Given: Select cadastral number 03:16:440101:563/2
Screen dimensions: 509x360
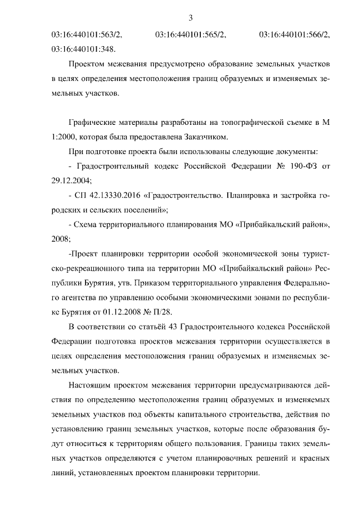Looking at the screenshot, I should click(x=87, y=35).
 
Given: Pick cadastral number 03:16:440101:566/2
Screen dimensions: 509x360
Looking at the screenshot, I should click(x=295, y=35).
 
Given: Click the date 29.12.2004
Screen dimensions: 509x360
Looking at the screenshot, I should click(x=71, y=181).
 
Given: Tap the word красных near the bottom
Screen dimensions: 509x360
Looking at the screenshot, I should click(x=312, y=458).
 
